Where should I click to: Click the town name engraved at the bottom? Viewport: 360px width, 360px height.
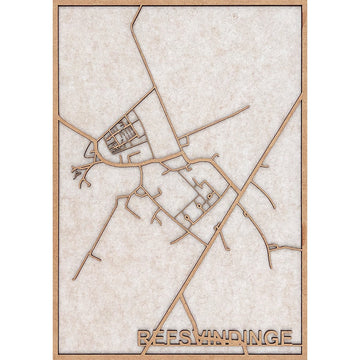tap(218, 339)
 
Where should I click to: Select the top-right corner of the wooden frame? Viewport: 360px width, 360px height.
tap(305, 3)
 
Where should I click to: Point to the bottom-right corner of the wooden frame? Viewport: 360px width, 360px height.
tap(305, 356)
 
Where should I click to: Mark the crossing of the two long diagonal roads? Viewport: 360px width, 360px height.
tap(236, 195)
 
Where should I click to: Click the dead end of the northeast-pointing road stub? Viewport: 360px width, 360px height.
tap(248, 106)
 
